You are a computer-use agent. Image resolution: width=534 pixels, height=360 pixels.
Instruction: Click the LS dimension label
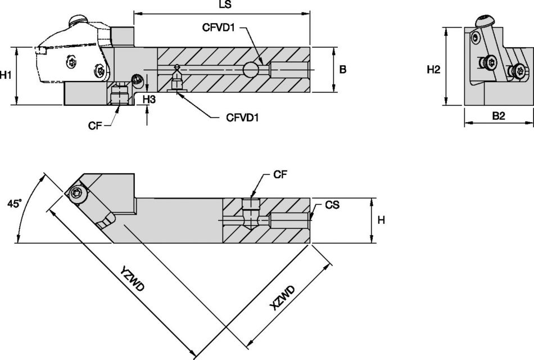223,4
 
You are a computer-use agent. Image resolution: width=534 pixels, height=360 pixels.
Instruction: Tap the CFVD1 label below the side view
242,118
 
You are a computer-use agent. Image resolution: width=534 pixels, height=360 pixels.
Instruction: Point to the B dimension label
343,70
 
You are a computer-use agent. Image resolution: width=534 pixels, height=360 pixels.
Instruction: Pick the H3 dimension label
149,99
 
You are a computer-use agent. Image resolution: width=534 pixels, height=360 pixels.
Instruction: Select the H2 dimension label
433,70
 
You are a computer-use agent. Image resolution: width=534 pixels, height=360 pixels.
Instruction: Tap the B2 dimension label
499,116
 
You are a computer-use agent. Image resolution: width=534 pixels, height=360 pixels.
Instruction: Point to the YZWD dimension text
133,278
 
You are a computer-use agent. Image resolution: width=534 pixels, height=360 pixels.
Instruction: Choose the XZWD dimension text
282,298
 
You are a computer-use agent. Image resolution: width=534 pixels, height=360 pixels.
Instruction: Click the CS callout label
332,205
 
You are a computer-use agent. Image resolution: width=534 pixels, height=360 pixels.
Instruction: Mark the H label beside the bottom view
381,220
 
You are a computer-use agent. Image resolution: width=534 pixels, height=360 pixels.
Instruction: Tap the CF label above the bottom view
280,175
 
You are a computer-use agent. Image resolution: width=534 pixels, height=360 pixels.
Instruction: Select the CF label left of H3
95,125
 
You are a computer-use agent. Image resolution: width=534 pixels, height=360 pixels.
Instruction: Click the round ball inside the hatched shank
251,69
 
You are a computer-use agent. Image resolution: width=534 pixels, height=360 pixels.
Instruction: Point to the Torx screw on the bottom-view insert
76,194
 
